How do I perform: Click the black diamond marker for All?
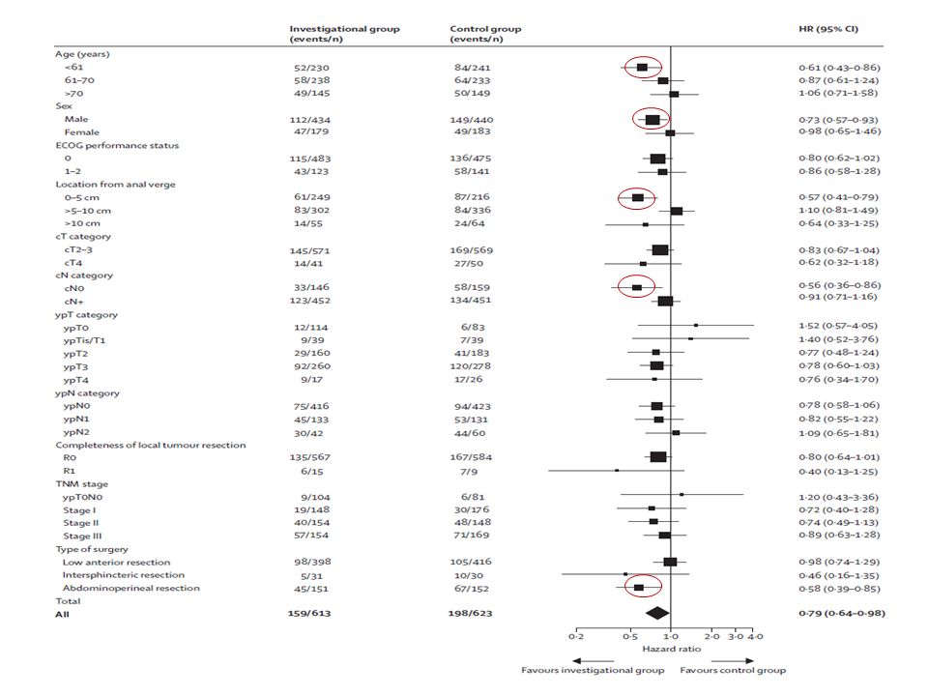[657, 613]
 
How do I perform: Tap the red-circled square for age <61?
[642, 68]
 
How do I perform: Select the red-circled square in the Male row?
[652, 120]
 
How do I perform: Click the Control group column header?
[485, 34]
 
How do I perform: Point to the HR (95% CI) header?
[828, 29]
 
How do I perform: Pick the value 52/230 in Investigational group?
[311, 68]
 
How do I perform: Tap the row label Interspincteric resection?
[124, 575]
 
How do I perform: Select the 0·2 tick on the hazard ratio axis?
[576, 631]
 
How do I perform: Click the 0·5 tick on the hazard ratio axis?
[630, 631]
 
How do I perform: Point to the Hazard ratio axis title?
[671, 650]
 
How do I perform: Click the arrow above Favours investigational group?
[593, 661]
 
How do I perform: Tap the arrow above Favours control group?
[733, 661]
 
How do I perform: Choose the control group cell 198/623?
[470, 613]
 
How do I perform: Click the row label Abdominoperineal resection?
[130, 589]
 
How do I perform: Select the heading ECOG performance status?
[117, 146]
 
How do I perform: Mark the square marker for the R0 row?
[658, 457]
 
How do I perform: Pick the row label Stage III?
[82, 536]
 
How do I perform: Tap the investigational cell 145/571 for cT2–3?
[309, 250]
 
